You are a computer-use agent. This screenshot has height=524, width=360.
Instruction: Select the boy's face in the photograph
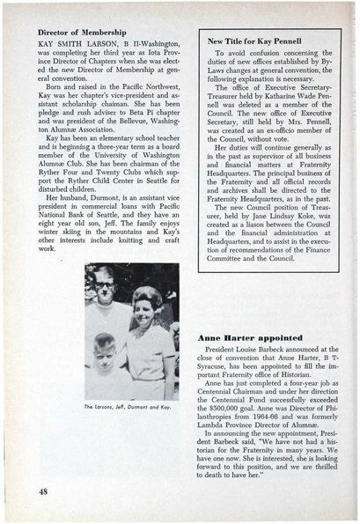[x=105, y=346]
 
